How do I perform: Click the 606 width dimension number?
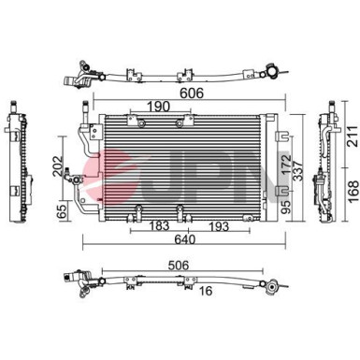(192, 93)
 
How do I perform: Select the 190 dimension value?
(158, 107)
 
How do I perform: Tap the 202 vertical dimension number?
(57, 166)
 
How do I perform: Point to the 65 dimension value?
(63, 211)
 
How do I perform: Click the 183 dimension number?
(159, 225)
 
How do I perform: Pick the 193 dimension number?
(218, 226)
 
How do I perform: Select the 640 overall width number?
(185, 239)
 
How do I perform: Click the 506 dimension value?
(179, 266)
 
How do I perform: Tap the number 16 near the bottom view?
(206, 291)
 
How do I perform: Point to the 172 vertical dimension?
(286, 165)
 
